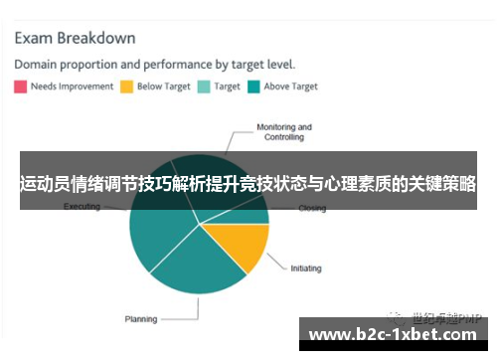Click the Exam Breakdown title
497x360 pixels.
[75, 39]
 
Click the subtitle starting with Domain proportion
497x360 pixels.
[154, 65]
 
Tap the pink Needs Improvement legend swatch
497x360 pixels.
[20, 87]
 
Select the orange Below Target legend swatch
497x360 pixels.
[126, 87]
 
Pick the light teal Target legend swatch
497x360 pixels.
[204, 87]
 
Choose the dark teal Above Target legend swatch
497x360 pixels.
[253, 87]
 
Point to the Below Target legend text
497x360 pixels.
[164, 87]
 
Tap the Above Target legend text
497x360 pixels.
[291, 87]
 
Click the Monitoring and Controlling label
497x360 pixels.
[284, 132]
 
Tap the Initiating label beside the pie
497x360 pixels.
[308, 268]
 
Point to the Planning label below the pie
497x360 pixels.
[140, 319]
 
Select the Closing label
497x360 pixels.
[312, 209]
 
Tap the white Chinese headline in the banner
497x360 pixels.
[248, 184]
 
